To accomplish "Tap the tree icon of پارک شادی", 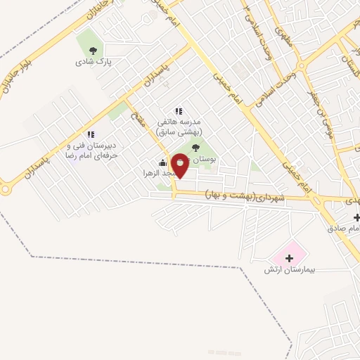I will (x=93, y=50).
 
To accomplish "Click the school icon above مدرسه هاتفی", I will (x=179, y=110).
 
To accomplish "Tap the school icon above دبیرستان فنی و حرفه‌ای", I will (x=90, y=134).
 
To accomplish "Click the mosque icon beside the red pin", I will (x=163, y=163).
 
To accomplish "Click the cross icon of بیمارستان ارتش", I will (x=289, y=259).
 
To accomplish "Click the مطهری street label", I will (x=281, y=31).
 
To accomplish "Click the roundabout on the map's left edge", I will (x=6, y=188).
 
